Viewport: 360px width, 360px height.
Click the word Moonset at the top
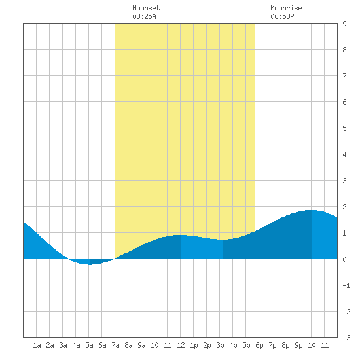click(x=146, y=9)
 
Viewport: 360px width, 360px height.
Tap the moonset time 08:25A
click(x=144, y=16)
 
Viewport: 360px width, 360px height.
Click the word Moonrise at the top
click(x=286, y=9)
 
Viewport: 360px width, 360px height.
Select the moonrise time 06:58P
click(x=282, y=16)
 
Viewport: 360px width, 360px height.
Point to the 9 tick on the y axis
click(x=344, y=24)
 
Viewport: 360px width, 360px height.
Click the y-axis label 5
click(x=344, y=128)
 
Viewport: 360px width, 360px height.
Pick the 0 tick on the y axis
click(x=344, y=259)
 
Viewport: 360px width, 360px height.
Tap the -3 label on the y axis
click(x=346, y=338)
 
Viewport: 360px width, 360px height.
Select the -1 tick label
click(x=346, y=285)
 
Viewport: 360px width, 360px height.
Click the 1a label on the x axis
click(x=37, y=345)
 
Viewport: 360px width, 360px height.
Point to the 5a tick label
click(x=89, y=345)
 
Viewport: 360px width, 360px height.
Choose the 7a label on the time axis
click(x=115, y=345)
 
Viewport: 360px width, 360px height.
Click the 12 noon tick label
click(x=181, y=345)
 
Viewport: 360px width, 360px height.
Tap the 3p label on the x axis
click(x=220, y=345)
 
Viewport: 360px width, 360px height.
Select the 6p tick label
click(x=259, y=345)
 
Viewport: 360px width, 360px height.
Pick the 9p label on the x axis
click(x=298, y=345)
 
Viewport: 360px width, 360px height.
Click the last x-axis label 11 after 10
click(x=325, y=345)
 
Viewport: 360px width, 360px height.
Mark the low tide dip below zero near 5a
click(x=90, y=264)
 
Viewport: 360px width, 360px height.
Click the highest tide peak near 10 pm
click(x=312, y=210)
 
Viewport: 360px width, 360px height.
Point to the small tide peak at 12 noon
click(x=181, y=235)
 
